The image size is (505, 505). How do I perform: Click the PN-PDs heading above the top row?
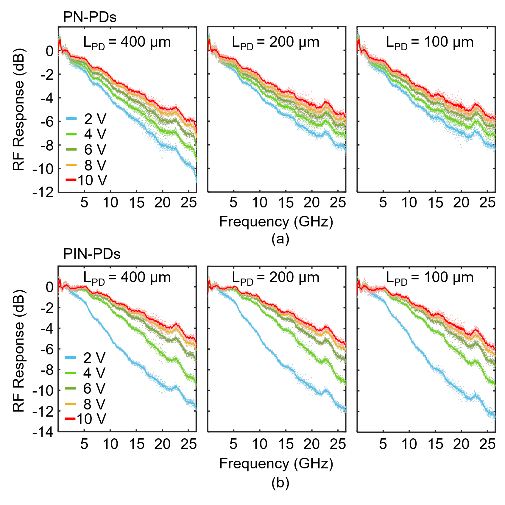[x=90, y=17]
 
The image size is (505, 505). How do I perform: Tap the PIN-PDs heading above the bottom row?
[x=92, y=254]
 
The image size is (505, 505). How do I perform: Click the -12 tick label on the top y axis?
[x=43, y=193]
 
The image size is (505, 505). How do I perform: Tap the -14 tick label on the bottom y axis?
[x=43, y=432]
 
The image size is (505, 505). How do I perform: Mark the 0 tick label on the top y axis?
[x=49, y=51]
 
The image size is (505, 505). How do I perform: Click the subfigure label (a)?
[x=280, y=239]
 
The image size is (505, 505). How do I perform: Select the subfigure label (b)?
[x=280, y=483]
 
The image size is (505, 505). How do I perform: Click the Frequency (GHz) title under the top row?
[x=276, y=222]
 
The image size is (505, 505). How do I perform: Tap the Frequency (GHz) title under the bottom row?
[x=276, y=464]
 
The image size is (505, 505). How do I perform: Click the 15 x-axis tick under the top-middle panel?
[x=286, y=203]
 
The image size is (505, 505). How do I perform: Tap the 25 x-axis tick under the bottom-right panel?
[x=487, y=444]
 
